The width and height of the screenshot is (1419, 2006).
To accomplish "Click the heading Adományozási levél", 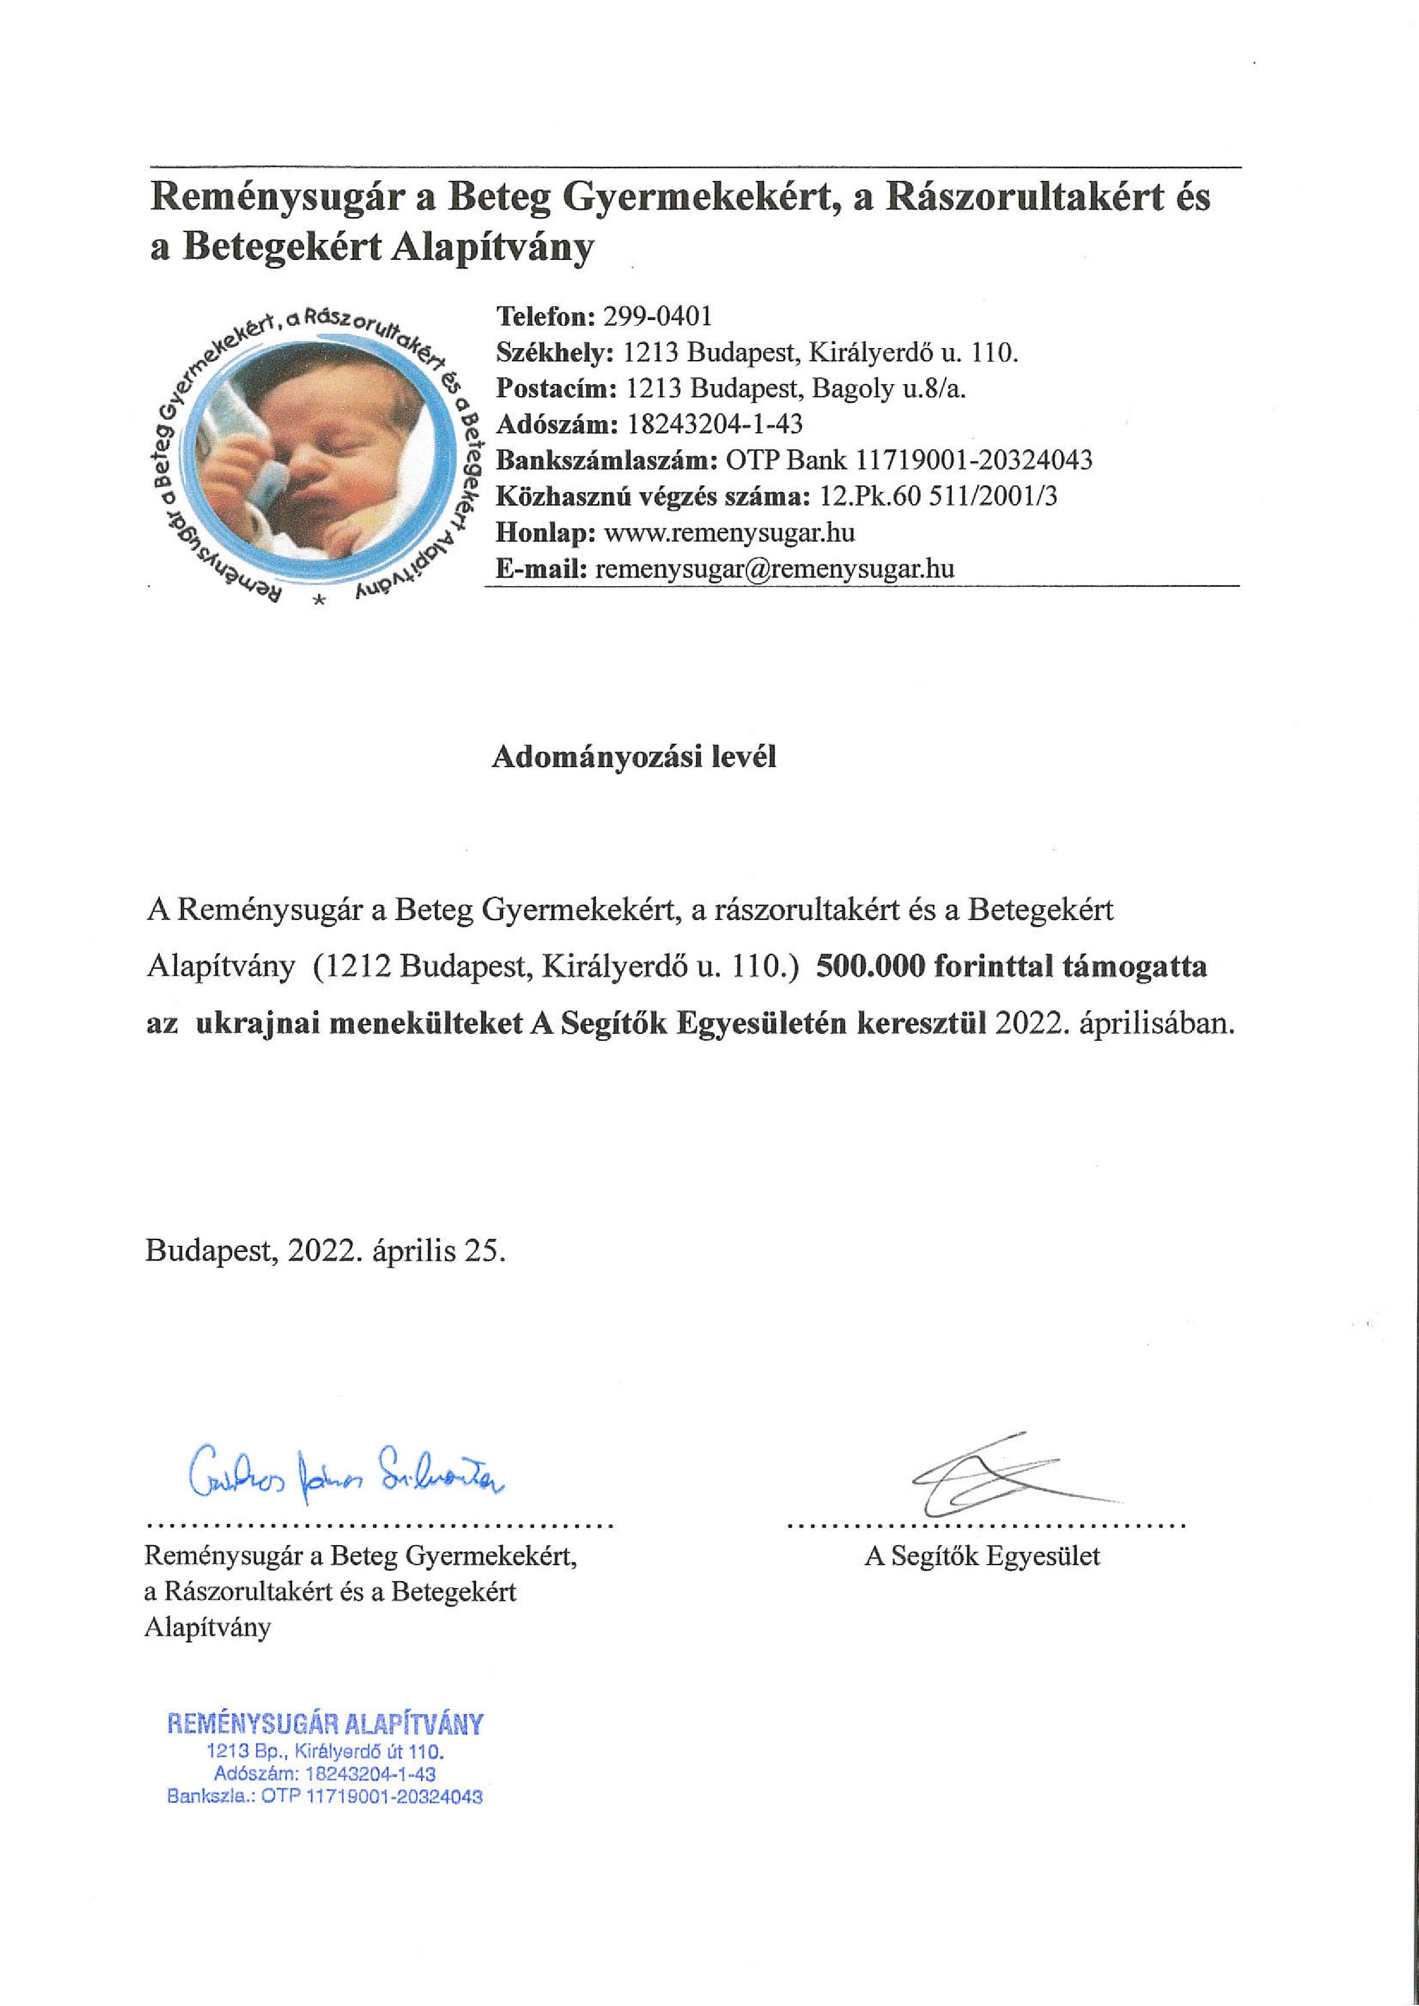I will coord(634,757).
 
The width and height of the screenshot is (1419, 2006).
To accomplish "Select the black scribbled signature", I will coord(996,1476).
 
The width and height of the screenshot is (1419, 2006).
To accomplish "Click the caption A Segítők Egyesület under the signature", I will coord(982,1556).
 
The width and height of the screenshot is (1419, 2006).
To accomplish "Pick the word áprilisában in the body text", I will coord(1157,1024).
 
